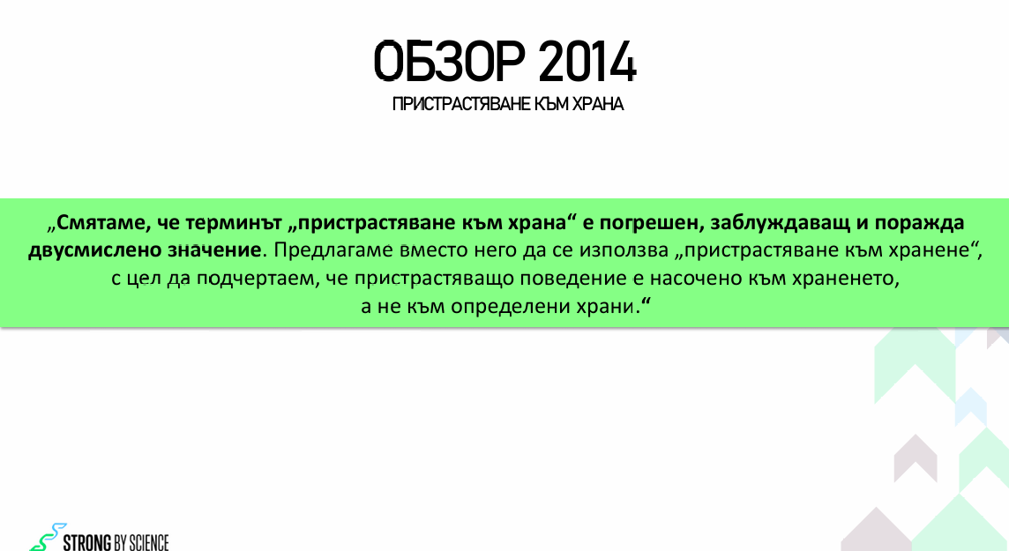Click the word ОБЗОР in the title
coord(450,62)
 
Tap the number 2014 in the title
coord(587,62)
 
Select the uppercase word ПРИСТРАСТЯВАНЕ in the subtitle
coord(460,104)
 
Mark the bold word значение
coord(215,250)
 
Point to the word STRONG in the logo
coord(87,543)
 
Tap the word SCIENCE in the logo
coord(149,543)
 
